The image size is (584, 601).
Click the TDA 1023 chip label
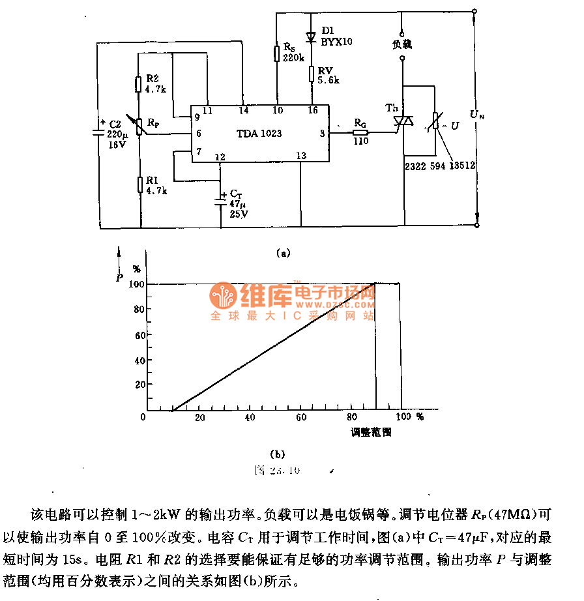259,134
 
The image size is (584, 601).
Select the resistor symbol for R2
139,85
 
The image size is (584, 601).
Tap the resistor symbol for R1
139,184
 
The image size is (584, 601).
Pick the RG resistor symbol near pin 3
360,132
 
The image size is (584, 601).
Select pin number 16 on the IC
313,111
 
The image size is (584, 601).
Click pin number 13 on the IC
300,156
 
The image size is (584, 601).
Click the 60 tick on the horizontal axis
300,417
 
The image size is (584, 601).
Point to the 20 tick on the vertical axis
139,385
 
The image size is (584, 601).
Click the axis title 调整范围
372,432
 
